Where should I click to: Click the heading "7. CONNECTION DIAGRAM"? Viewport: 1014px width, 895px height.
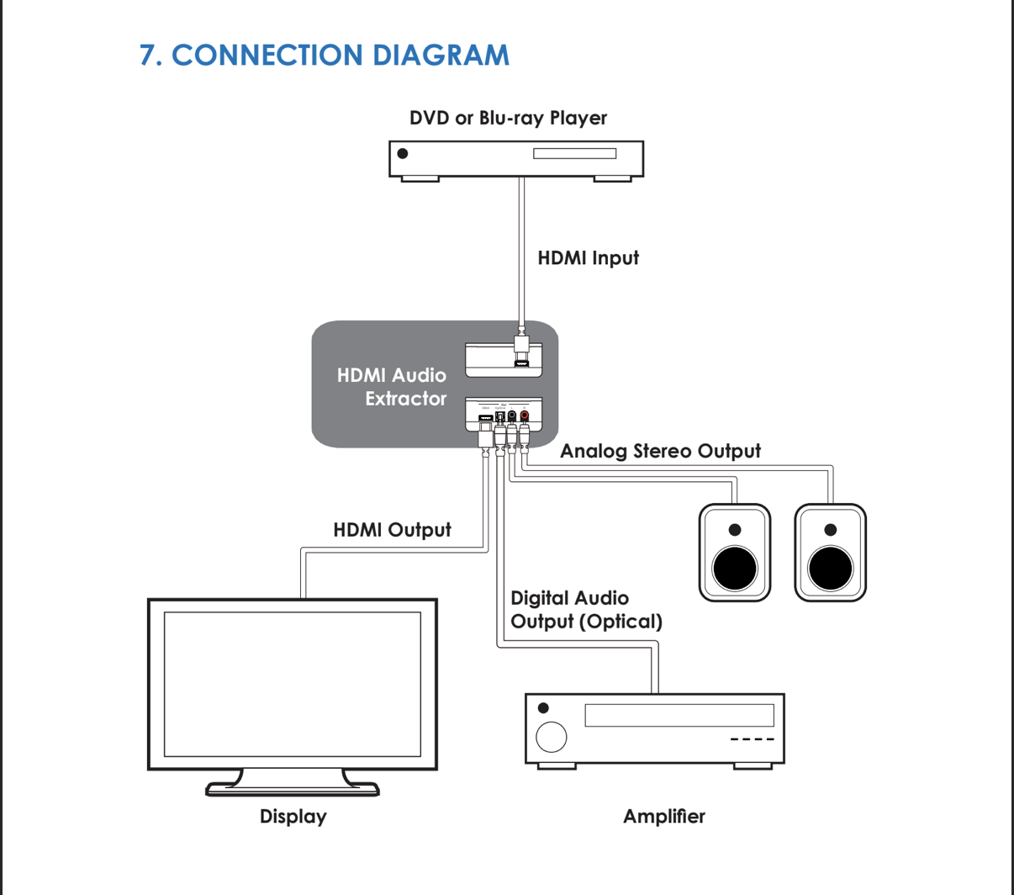[x=325, y=56]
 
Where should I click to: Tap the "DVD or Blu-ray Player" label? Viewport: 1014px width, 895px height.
[x=508, y=118]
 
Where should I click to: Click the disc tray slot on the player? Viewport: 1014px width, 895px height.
[x=574, y=154]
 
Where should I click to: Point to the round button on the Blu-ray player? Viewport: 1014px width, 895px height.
[x=403, y=153]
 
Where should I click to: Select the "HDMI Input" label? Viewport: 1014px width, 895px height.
[x=588, y=258]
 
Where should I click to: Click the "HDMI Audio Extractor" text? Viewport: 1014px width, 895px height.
[x=392, y=387]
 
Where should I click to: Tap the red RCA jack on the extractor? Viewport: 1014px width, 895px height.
[x=525, y=416]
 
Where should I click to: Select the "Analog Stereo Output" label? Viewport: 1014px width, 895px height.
[x=660, y=451]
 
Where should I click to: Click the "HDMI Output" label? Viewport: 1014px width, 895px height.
[x=392, y=530]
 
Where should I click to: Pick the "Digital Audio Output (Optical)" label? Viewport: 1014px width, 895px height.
[x=586, y=610]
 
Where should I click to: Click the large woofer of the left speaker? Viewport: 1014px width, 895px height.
[x=735, y=568]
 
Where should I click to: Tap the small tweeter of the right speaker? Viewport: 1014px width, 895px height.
[x=831, y=530]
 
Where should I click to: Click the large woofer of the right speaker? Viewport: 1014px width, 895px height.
[x=831, y=568]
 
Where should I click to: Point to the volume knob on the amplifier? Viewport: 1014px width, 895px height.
[x=552, y=737]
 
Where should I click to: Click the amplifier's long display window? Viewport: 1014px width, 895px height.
[x=679, y=715]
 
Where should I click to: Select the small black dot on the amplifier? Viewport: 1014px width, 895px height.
[x=543, y=708]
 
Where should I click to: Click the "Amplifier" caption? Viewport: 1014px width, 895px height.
[x=663, y=816]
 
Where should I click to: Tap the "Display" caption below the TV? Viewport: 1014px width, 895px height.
[x=293, y=816]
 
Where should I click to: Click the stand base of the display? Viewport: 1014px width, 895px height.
[x=293, y=789]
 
